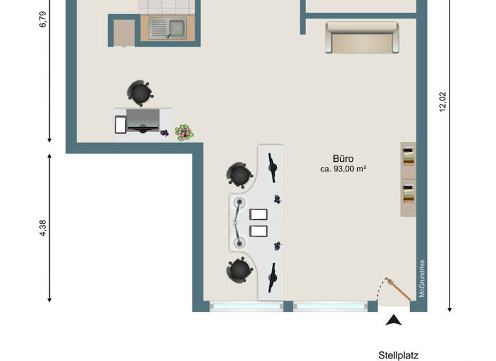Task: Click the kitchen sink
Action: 167,29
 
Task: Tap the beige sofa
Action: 362,38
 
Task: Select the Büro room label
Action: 343,159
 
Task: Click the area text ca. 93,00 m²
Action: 343,170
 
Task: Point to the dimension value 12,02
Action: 442,102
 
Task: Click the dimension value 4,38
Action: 43,229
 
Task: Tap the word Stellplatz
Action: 398,355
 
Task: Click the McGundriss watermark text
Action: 422,278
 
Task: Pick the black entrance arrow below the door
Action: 393,319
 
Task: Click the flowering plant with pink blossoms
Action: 184,132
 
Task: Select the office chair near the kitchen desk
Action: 140,93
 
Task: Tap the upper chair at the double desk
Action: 239,174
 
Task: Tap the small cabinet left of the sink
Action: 124,32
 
